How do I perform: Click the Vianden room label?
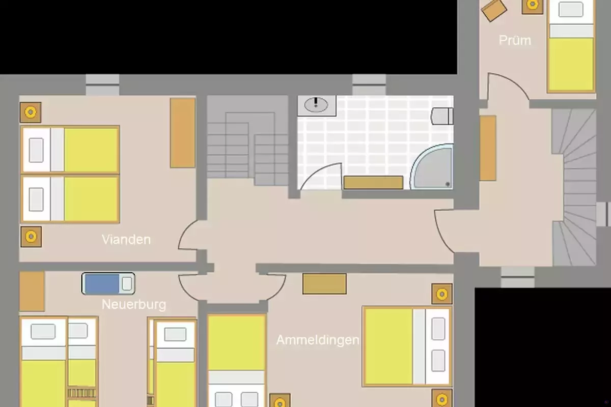tap(126, 239)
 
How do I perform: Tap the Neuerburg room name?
tap(133, 305)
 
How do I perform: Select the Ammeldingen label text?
tap(318, 340)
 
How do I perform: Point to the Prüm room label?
tap(515, 41)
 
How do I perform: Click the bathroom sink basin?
tap(316, 105)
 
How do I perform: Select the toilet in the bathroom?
tap(442, 116)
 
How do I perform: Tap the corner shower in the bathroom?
tap(432, 166)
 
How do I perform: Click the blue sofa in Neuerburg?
tap(108, 283)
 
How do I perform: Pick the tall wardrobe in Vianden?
tap(183, 133)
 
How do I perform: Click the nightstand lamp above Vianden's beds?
tap(31, 112)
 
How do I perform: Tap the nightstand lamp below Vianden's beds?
tap(31, 237)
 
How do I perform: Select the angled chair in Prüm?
tap(494, 10)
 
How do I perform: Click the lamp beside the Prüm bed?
tap(532, 6)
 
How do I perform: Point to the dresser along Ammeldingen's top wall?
tap(325, 284)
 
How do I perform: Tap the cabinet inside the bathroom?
tap(373, 182)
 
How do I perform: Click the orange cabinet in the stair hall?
tap(488, 148)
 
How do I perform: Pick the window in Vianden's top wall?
tap(102, 85)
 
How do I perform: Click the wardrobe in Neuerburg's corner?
tap(32, 291)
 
